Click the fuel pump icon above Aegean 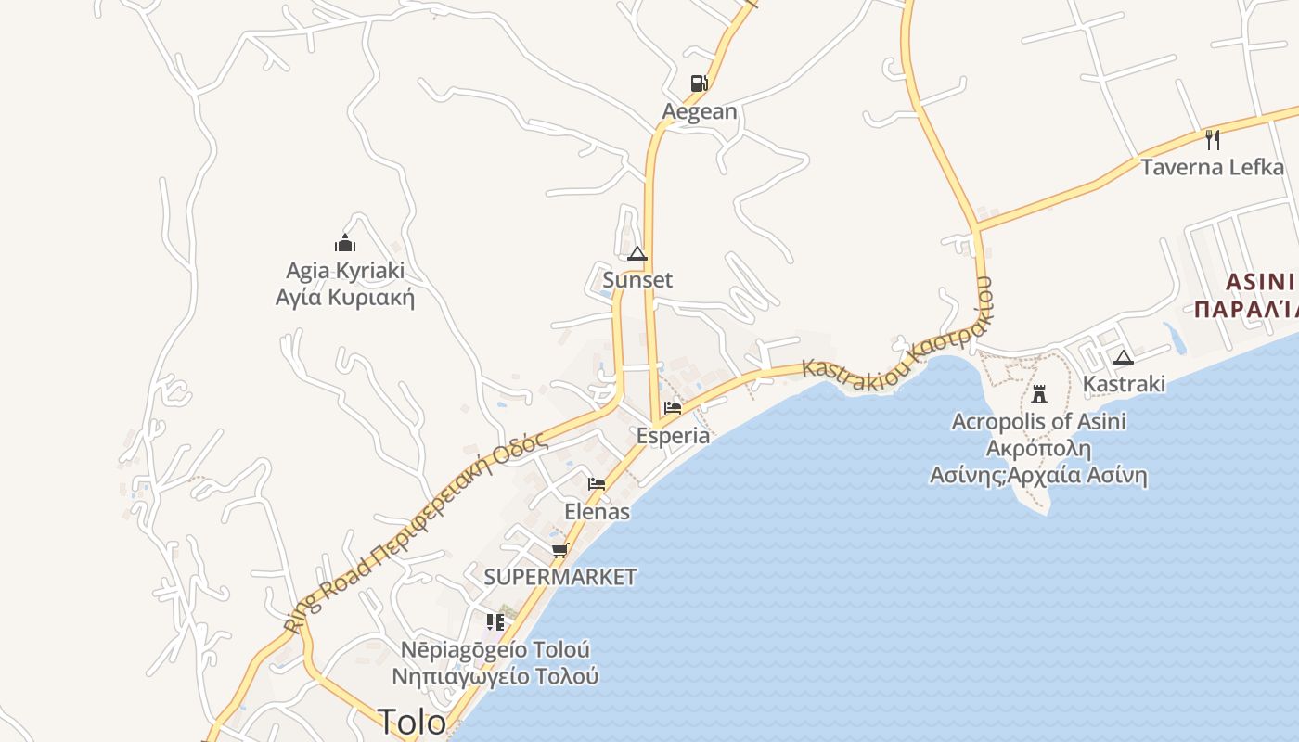[699, 83]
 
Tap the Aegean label [700, 112]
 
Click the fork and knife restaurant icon [1212, 139]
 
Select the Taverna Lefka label [1212, 168]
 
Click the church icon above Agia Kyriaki [345, 243]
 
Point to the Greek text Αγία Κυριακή [345, 298]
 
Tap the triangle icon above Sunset [637, 253]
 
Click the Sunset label [637, 280]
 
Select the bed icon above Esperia [673, 407]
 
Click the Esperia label [673, 436]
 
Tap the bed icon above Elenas [597, 483]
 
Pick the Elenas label [597, 512]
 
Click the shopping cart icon [559, 550]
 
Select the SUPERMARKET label [559, 577]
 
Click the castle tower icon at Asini [1039, 393]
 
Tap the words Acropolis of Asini [1039, 422]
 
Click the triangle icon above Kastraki [1124, 357]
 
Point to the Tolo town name [411, 722]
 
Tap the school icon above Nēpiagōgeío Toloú [495, 621]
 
